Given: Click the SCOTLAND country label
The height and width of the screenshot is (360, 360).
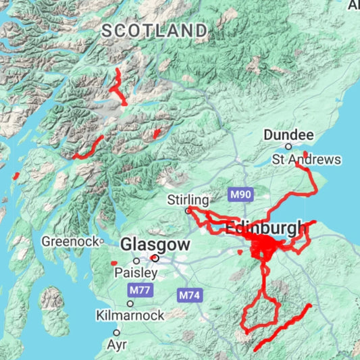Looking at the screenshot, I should coord(155,30).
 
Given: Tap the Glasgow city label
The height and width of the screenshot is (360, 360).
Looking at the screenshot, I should coord(155,244).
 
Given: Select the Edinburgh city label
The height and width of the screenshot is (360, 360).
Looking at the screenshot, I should coord(265,229).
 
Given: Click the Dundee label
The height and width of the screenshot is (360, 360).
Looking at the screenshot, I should coord(288,135).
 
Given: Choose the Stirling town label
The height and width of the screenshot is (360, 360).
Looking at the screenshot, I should coord(188,200).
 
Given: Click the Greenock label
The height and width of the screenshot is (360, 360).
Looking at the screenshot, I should coord(70,240).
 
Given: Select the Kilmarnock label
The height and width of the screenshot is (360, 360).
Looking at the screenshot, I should coord(130,315).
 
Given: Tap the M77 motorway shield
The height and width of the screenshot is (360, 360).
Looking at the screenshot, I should coord(141,290).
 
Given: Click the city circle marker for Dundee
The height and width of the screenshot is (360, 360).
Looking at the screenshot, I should coord(288,146).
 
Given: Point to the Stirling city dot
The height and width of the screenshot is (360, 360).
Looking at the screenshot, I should coord(188,211).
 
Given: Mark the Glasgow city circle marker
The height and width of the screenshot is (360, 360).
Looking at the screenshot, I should coord(155,257).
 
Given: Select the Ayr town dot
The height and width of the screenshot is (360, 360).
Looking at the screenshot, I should coord(116,332).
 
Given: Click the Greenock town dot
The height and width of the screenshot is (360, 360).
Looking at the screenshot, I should coord(102,240).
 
